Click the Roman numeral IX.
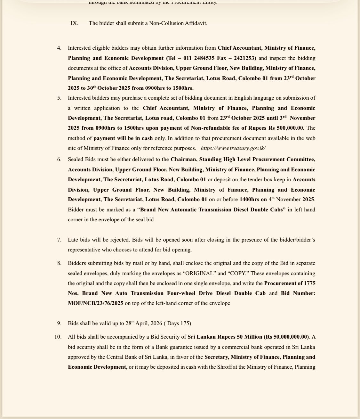pyautogui.click(x=74, y=23)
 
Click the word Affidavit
pyautogui.click(x=196, y=23)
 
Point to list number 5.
pyautogui.click(x=59, y=98)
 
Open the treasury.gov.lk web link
pyautogui.click(x=233, y=148)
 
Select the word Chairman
pyautogui.click(x=183, y=159)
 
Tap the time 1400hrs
pyautogui.click(x=249, y=199)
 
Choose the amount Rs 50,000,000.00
pyautogui.click(x=287, y=337)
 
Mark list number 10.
pyautogui.click(x=58, y=337)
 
